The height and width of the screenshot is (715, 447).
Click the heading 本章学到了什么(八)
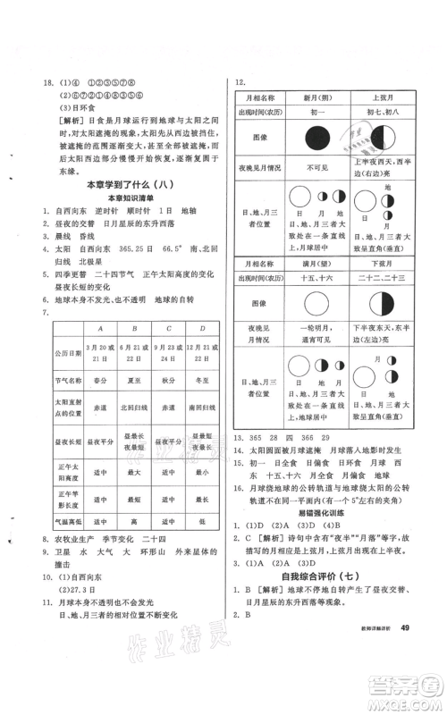122,184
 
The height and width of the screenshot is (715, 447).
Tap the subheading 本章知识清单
122,197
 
